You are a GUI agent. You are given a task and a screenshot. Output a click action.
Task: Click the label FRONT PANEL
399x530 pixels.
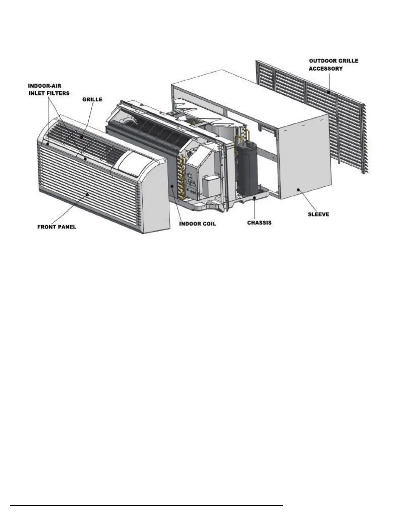coord(57,227)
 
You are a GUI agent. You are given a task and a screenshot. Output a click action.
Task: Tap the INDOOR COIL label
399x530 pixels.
coord(197,223)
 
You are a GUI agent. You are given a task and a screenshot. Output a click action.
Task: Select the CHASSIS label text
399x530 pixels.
coord(259,222)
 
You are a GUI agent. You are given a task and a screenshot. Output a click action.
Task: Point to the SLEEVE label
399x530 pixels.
coord(318,214)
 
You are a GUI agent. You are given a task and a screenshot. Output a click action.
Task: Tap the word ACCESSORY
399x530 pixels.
coord(325,69)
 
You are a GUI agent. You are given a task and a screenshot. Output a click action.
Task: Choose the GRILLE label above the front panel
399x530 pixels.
coord(92,99)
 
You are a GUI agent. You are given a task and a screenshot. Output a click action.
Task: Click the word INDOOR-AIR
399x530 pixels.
coord(45,86)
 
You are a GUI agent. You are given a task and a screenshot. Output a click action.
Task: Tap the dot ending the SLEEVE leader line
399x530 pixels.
coord(298,190)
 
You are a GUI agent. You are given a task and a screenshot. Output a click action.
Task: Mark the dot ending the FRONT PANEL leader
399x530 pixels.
coord(88,194)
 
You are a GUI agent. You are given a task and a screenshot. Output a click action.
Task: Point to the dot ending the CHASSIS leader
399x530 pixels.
coord(255,198)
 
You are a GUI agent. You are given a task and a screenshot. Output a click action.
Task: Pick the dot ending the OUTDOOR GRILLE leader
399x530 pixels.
coord(329,92)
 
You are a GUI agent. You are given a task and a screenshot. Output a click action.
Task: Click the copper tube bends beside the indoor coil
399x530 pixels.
coord(182,177)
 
